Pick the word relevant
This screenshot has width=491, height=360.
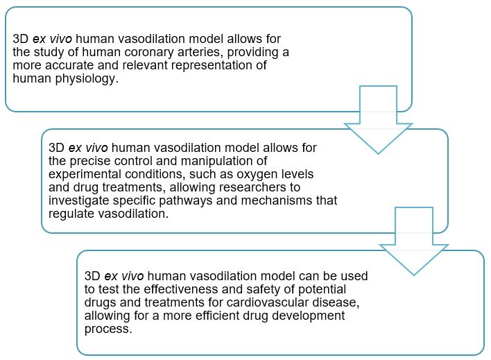click(141, 66)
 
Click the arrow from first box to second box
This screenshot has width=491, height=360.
click(378, 118)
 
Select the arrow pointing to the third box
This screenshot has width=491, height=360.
click(414, 239)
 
